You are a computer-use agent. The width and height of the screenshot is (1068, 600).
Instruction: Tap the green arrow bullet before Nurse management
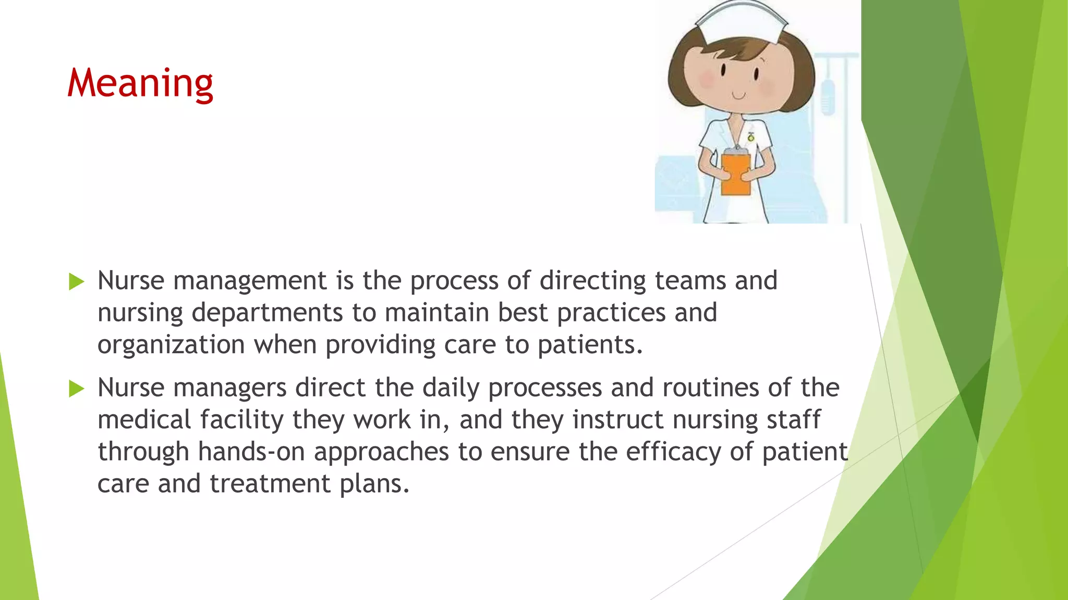pyautogui.click(x=76, y=282)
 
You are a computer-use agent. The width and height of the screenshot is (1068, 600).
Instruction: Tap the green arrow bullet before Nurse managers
pyautogui.click(x=76, y=389)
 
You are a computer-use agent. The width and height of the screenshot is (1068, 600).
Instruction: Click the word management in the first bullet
pyautogui.click(x=250, y=282)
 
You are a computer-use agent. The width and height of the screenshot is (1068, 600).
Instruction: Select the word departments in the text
pyautogui.click(x=267, y=314)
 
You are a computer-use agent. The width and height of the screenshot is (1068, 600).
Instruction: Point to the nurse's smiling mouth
pyautogui.click(x=739, y=96)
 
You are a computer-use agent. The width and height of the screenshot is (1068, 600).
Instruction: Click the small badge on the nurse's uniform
pyautogui.click(x=751, y=137)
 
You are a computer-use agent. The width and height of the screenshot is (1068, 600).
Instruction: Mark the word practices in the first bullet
pyautogui.click(x=611, y=314)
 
